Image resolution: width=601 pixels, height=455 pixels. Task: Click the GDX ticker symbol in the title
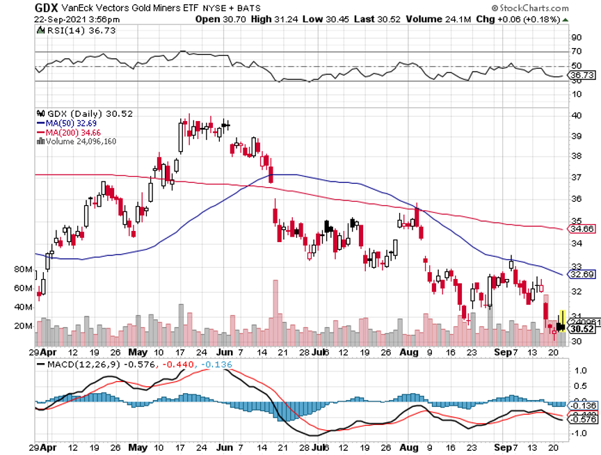point(47,7)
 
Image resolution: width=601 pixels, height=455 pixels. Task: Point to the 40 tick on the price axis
point(577,115)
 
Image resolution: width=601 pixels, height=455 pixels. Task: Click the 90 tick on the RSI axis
point(577,37)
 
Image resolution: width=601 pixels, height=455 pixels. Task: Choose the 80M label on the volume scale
point(23,269)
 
